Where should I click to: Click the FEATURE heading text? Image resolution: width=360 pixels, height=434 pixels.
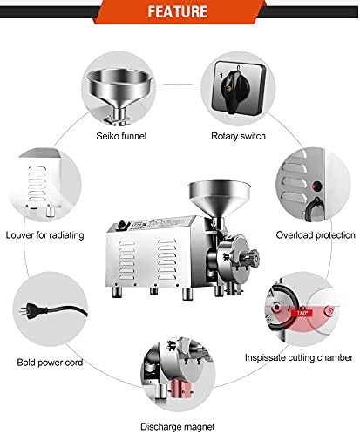click(178, 11)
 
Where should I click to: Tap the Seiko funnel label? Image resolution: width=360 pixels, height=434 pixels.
click(121, 136)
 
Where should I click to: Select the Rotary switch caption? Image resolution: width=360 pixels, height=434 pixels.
click(238, 136)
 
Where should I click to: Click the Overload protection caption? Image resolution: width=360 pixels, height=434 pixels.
click(316, 235)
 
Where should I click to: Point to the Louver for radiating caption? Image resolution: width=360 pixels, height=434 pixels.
click(45, 235)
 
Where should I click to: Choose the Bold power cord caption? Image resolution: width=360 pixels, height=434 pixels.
click(50, 363)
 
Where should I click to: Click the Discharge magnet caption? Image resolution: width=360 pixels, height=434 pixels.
click(178, 427)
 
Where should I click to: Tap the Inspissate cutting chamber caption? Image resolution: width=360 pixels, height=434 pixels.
click(299, 357)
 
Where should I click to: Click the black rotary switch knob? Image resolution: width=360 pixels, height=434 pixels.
click(234, 89)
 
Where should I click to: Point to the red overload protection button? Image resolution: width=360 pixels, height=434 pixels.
click(316, 186)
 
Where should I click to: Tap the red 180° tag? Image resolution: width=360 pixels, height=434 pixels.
click(302, 314)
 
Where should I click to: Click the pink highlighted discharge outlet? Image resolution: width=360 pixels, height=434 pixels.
click(180, 390)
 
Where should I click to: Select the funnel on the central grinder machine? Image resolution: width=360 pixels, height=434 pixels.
click(219, 199)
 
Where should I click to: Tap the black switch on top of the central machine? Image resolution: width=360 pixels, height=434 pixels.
click(123, 225)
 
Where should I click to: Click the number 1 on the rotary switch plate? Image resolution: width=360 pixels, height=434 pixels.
click(221, 76)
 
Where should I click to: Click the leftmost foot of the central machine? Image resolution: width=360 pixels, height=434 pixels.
click(117, 291)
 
